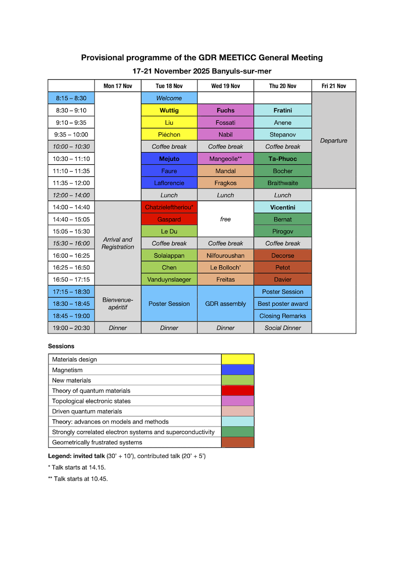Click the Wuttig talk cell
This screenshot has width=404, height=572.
169,110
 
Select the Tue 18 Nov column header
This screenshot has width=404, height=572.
169,86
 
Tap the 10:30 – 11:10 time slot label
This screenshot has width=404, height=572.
71,159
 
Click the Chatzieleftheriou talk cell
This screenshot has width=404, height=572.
169,207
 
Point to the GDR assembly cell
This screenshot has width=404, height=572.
225,304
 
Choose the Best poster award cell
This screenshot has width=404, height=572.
282,304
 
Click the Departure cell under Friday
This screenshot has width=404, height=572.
333,140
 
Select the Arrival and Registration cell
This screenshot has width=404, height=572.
118,243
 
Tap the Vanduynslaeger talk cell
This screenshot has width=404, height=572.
169,279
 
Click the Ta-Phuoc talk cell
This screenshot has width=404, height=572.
282,159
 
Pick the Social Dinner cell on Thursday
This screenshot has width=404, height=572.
282,328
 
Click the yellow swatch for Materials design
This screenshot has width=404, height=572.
237,359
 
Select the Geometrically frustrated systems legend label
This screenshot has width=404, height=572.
97,442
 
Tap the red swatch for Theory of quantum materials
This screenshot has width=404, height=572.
237,391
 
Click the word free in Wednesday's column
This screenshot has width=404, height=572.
225,219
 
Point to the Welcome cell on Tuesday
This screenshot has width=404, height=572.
169,98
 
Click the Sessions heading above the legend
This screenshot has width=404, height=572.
61,346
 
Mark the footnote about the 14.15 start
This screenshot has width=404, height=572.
77,467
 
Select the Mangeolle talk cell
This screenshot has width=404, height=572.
225,159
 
